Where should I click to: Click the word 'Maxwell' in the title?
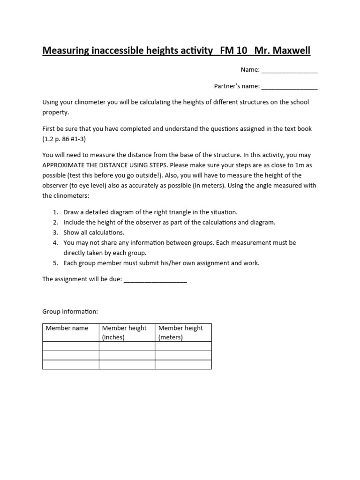(x=291, y=50)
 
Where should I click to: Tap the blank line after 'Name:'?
(x=289, y=70)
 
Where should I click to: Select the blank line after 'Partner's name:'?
(x=289, y=87)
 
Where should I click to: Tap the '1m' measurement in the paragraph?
(x=296, y=165)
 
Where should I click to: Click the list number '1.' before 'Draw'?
(x=55, y=212)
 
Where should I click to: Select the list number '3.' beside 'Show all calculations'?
(x=55, y=232)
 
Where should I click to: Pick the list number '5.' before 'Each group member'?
(x=55, y=263)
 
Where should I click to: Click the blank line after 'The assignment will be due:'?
(x=155, y=280)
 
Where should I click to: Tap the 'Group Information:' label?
(x=70, y=311)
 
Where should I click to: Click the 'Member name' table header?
(x=67, y=328)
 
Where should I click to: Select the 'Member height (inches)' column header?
(x=124, y=332)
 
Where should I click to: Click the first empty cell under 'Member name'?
(x=71, y=346)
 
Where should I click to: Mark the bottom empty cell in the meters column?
(x=183, y=365)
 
